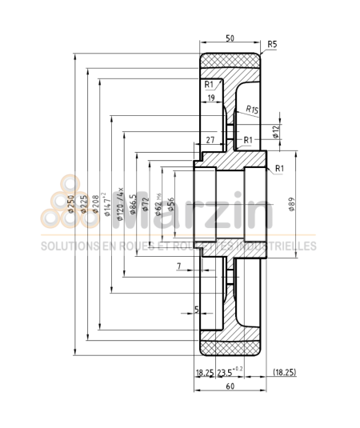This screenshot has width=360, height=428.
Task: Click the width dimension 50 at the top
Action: [x=230, y=38]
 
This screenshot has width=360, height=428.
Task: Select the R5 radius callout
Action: [x=273, y=44]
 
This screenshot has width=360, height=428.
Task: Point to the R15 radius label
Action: [x=252, y=109]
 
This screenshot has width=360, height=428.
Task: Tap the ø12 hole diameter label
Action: [x=277, y=133]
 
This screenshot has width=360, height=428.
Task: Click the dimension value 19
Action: [x=210, y=98]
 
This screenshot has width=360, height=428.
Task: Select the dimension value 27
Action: [x=211, y=140]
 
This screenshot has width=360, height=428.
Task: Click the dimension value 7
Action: [x=179, y=266]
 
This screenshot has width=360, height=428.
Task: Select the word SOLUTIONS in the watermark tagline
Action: [x=66, y=246]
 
